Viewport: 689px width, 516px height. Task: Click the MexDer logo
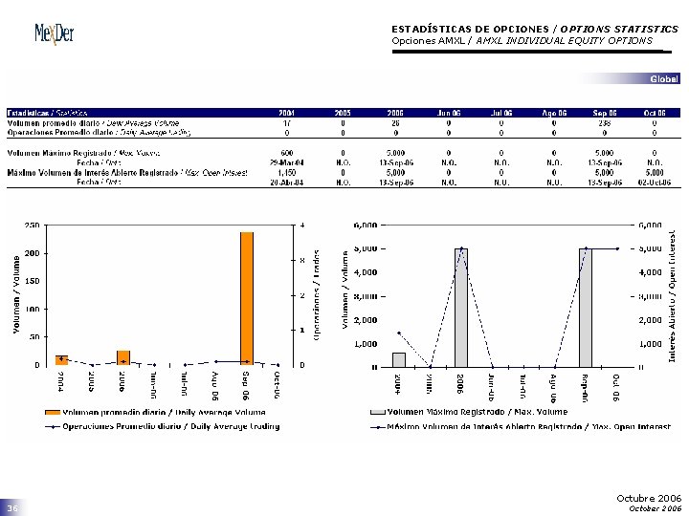55,33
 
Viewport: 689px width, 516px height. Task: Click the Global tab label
664,78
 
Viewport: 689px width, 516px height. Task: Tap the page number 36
12,509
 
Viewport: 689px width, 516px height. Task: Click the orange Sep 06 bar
247,297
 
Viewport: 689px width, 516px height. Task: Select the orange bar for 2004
61,359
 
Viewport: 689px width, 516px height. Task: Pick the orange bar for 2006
122,357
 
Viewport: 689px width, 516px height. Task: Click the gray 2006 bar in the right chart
461,307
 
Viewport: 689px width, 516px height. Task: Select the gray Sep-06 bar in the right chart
585,307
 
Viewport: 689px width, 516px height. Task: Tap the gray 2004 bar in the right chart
399,359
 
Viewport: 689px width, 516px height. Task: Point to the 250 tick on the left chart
32,226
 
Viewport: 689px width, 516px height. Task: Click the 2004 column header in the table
286,113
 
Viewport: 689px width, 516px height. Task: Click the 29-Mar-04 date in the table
286,162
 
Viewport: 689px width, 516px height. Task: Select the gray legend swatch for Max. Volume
377,412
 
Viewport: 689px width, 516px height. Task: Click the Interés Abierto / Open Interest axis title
673,295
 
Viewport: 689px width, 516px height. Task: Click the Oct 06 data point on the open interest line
616,248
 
